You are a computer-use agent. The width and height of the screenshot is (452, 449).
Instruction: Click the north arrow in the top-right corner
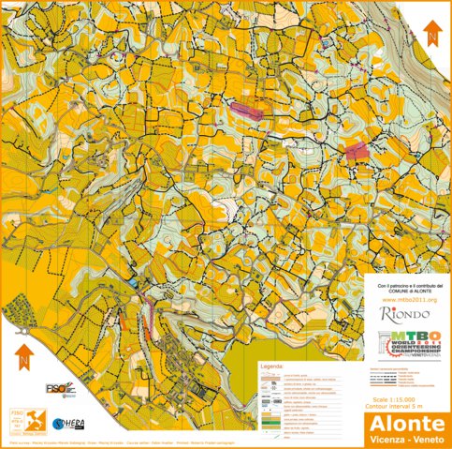tap(431, 36)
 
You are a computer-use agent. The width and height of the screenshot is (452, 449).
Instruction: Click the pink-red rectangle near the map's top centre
tap(244, 111)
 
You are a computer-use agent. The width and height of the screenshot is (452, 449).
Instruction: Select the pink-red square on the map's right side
tap(357, 151)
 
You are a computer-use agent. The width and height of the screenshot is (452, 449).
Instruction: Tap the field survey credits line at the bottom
tap(159, 442)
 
